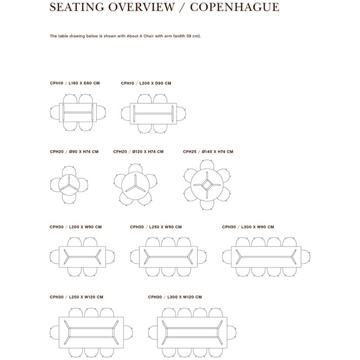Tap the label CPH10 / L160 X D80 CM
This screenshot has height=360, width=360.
pos(75,83)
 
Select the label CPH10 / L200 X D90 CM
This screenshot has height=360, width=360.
pos(146,83)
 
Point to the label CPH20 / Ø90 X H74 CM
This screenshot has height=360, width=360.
pos(74,152)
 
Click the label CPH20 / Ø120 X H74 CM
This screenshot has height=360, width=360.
pos(138,152)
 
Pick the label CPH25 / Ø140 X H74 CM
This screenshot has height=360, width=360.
pos(208,152)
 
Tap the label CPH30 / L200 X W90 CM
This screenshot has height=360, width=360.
pos(76,227)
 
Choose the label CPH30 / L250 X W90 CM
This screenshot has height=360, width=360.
pos(156,227)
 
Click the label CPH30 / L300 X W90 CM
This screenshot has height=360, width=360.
pos(248,227)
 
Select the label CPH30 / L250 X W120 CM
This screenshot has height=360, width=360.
pos(77,297)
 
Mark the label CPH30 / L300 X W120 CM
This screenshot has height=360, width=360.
pos(175,297)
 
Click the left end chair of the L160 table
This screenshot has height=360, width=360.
pos(55,113)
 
